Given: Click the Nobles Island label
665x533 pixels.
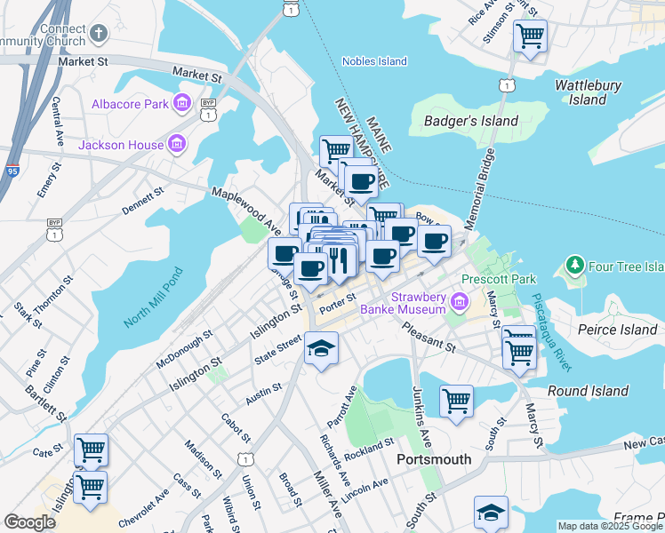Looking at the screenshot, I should pos(375,61).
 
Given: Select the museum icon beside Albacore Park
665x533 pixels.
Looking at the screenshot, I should pos(183,104).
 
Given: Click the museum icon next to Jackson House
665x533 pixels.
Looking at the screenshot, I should pos(178,144).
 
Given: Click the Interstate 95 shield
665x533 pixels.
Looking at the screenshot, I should pos(12,171).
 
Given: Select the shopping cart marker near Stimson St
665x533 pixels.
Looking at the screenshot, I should pos(530,36).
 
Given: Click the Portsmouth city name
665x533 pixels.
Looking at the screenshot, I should pos(432,459).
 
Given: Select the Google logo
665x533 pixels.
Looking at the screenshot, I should pos(29,522).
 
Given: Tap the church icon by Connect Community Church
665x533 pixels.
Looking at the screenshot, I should pos(99,34).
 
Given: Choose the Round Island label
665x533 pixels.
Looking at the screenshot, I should pos(581,391).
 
